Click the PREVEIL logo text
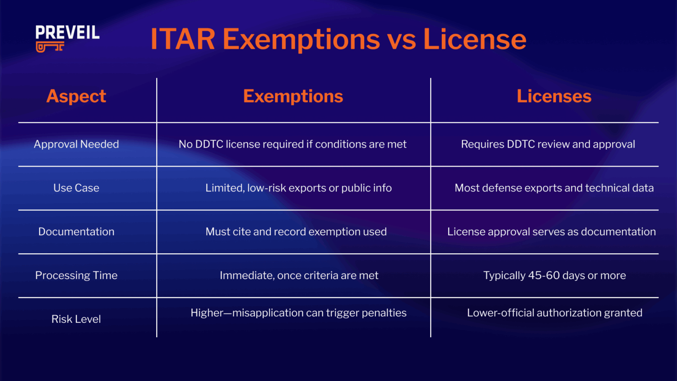(x=67, y=33)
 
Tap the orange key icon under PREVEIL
(x=50, y=47)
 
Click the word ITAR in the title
(x=183, y=39)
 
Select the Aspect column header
(x=76, y=96)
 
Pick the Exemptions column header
(x=293, y=96)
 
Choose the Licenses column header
(x=554, y=96)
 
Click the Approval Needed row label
(x=76, y=144)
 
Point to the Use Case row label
(x=76, y=188)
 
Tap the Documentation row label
(x=76, y=232)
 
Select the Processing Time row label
(x=76, y=275)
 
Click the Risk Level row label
(x=76, y=319)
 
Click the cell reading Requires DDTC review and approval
(x=548, y=144)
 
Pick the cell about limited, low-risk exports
(x=298, y=188)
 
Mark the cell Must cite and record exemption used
(x=296, y=232)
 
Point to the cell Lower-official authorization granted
(x=555, y=313)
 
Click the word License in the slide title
(x=474, y=39)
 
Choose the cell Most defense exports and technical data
(x=554, y=188)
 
